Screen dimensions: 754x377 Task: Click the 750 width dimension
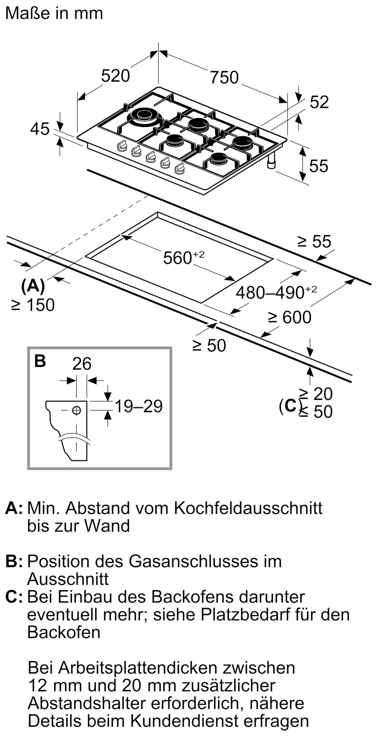(x=224, y=77)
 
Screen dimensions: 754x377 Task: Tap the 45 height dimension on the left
(x=40, y=129)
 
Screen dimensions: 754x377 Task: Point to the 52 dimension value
(x=319, y=102)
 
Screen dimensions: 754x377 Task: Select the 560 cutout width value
(x=178, y=258)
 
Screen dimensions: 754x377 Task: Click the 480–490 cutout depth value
(x=270, y=293)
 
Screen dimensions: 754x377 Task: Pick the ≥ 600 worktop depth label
(x=290, y=317)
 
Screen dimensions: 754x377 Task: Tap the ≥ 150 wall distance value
(x=33, y=305)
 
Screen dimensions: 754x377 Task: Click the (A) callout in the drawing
(x=33, y=287)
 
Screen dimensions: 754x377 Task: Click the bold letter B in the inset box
(x=40, y=361)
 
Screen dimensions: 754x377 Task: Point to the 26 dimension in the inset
(x=82, y=364)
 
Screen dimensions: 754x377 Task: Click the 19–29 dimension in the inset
(x=138, y=406)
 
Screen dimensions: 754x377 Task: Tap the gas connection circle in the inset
(x=77, y=410)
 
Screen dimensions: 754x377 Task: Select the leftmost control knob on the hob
(x=121, y=146)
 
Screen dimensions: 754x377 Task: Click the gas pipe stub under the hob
(x=271, y=162)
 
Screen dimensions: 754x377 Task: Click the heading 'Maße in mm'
(x=54, y=14)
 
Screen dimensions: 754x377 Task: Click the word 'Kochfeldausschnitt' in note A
(x=248, y=508)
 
